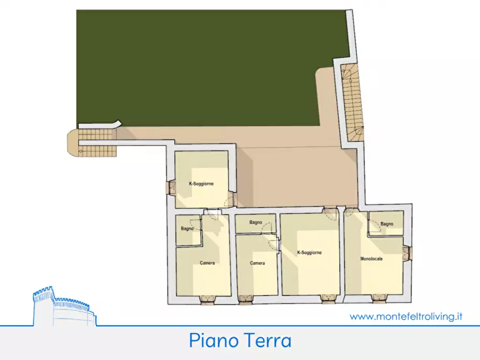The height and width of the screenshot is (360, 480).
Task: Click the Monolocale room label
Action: click(x=371, y=259)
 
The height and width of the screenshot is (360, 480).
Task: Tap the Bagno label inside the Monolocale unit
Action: click(x=386, y=224)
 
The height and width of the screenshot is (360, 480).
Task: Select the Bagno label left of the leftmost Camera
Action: click(x=187, y=229)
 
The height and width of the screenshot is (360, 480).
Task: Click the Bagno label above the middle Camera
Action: click(x=255, y=222)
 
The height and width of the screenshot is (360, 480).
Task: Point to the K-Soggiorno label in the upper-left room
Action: click(x=201, y=184)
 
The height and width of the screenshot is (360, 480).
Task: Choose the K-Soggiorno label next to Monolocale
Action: click(x=309, y=252)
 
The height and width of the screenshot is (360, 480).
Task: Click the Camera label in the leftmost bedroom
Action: click(x=207, y=263)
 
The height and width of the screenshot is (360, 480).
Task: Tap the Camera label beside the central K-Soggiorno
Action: click(x=257, y=263)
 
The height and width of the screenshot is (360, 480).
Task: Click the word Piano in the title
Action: click(x=212, y=341)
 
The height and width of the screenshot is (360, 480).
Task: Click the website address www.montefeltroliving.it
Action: click(x=406, y=316)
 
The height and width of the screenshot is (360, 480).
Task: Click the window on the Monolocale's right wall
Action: click(x=408, y=254)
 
